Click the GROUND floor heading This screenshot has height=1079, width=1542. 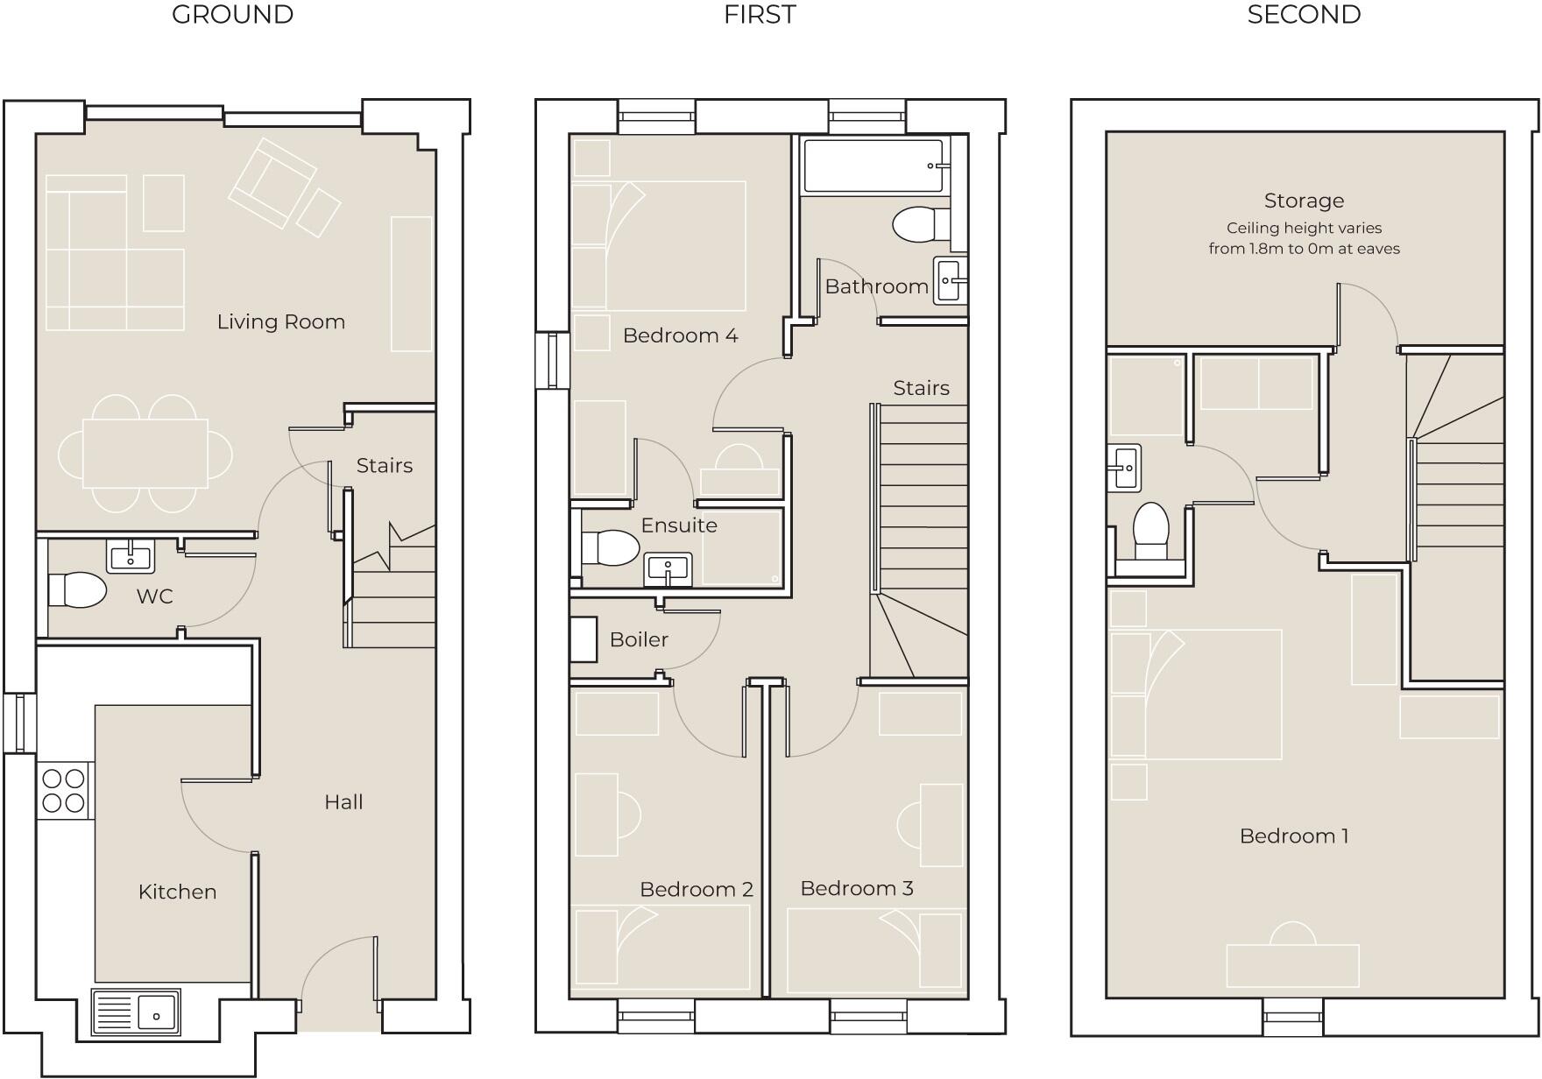[232, 15]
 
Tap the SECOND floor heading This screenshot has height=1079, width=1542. [1303, 15]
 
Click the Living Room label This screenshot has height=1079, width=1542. [280, 321]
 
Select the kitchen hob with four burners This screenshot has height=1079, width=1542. [64, 791]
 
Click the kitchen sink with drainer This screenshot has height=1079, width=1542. [136, 1013]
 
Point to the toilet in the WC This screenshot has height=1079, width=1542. [76, 590]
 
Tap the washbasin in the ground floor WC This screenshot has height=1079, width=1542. [131, 556]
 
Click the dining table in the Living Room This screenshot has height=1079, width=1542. [145, 453]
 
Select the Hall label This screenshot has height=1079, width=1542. [343, 801]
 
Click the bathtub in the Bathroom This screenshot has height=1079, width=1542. [874, 166]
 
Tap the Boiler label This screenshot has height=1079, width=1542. [639, 639]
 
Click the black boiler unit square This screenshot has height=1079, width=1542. [583, 639]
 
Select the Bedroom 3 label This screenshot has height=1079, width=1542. [856, 888]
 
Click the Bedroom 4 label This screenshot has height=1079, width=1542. [680, 335]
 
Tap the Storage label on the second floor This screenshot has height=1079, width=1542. [1303, 201]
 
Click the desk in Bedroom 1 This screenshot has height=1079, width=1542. [1292, 965]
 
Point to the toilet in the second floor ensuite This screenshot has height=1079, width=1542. [1150, 531]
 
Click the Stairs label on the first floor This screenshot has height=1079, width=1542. [921, 388]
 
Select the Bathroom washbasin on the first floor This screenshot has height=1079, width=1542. [950, 280]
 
